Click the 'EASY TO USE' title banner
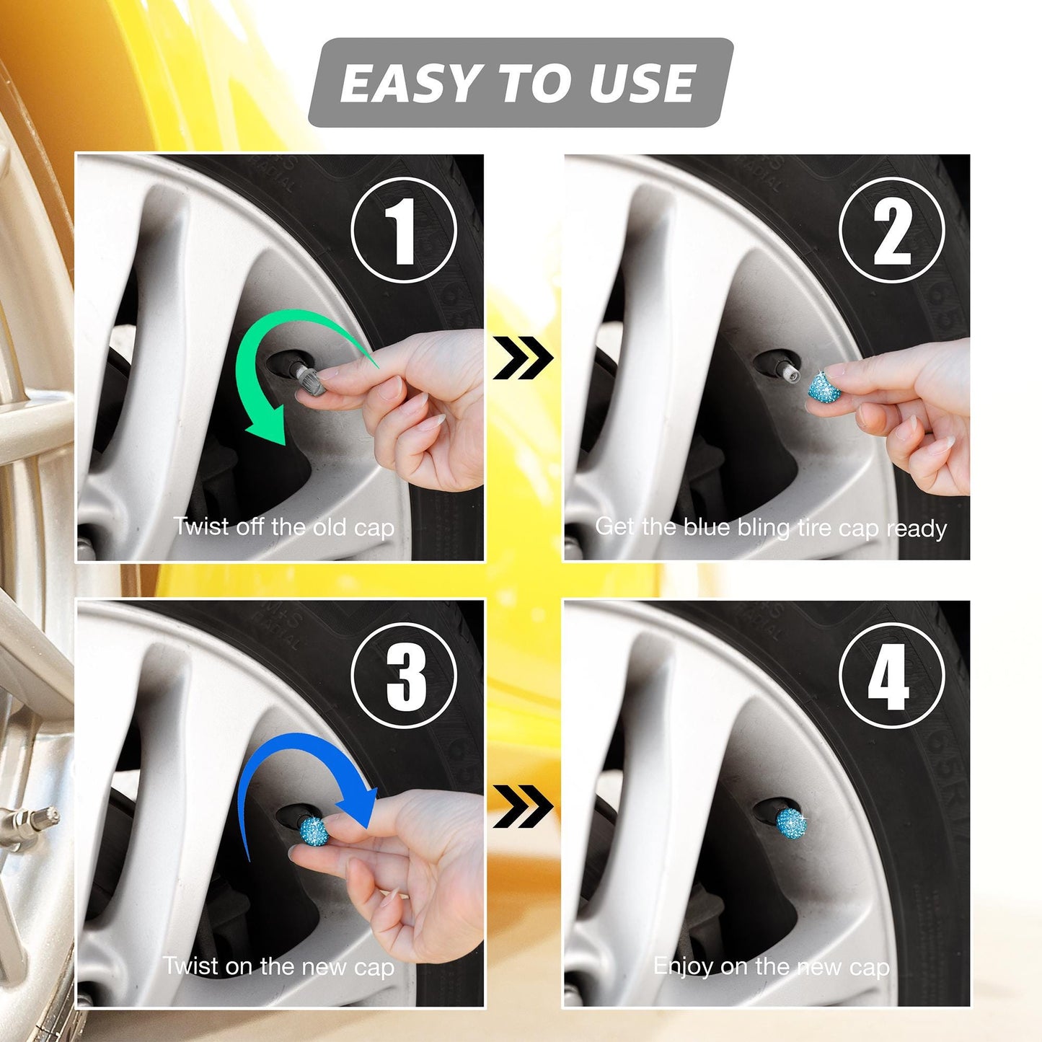click(519, 82)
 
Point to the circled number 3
click(404, 676)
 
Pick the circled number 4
click(892, 676)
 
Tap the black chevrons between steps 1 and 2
click(523, 358)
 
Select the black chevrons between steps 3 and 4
click(523, 806)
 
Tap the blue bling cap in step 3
click(314, 831)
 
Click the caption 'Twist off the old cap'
click(283, 526)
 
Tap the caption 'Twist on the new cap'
click(278, 966)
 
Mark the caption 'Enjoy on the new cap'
click(771, 966)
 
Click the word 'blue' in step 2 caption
click(706, 527)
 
